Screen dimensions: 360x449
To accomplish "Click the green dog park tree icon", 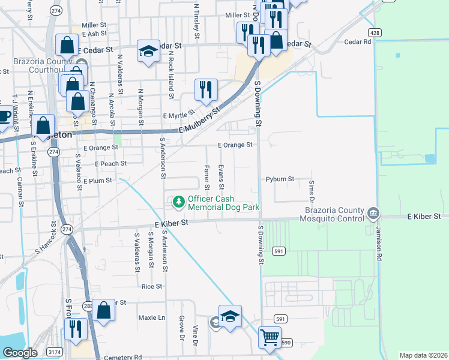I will coord(178,203).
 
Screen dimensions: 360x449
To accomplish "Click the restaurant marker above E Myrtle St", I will coord(206,89).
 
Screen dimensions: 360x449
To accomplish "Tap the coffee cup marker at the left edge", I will coord(4,116).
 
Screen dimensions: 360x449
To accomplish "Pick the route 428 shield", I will coord(375,32).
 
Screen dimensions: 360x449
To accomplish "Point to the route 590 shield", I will coord(286,343).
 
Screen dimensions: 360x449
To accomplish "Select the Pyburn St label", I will coord(279,179).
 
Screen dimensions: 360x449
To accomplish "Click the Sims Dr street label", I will coord(311,186).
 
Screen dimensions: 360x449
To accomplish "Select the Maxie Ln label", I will coord(151,317).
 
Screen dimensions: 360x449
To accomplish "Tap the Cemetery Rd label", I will coord(122,357).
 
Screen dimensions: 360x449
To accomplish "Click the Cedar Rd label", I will coord(358,42).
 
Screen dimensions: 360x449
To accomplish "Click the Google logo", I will coord(19,352).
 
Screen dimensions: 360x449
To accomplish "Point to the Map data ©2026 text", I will coord(423,355).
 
